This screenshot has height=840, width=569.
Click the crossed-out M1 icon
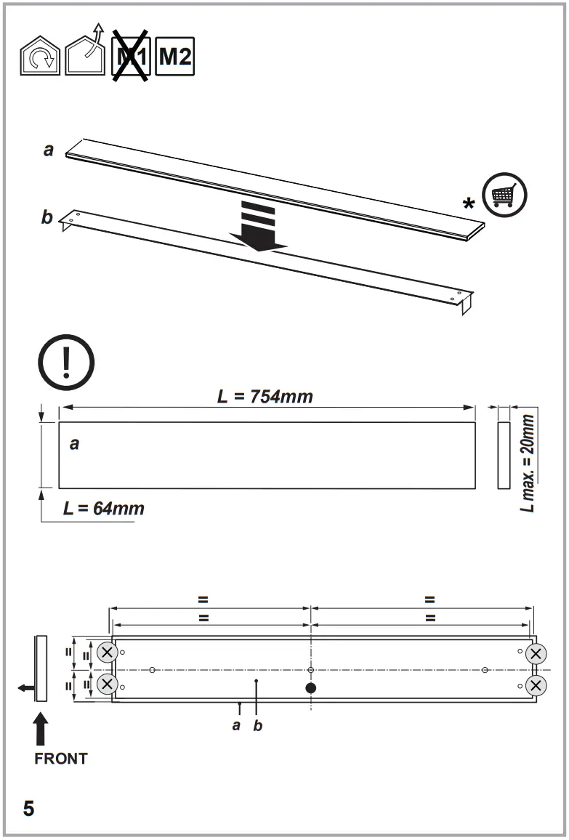[x=131, y=55]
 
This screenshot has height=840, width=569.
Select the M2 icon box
[x=175, y=55]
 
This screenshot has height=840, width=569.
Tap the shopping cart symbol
[x=504, y=195]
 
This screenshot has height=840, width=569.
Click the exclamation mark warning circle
[x=66, y=361]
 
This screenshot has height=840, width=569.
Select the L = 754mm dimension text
[x=265, y=396]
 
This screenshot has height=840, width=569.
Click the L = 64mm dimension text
[x=103, y=508]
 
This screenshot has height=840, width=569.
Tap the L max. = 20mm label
[x=528, y=463]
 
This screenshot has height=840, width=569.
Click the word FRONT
[x=61, y=759]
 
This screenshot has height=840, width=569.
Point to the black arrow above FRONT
[x=41, y=729]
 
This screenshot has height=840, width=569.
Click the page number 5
[x=28, y=809]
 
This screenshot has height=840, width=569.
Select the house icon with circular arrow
[x=40, y=57]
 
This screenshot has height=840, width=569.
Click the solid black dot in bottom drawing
[x=311, y=687]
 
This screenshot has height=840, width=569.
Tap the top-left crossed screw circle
[x=108, y=653]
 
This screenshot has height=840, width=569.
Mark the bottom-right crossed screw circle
[x=536, y=685]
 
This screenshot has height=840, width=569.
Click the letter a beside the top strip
[x=49, y=150]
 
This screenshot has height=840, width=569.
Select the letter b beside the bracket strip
[x=47, y=217]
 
